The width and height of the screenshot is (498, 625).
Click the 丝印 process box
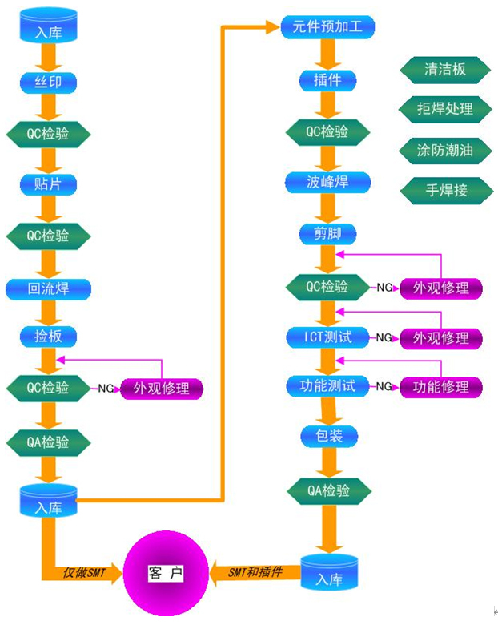pyautogui.click(x=48, y=82)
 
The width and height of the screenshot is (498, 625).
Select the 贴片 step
pyautogui.click(x=48, y=184)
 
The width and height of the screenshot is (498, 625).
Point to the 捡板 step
pyautogui.click(x=48, y=337)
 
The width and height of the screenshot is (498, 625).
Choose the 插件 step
pyautogui.click(x=327, y=80)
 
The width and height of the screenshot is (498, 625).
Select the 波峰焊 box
pyautogui.click(x=327, y=182)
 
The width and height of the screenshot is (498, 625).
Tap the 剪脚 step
pyautogui.click(x=327, y=234)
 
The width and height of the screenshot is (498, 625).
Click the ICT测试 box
pyautogui.click(x=327, y=337)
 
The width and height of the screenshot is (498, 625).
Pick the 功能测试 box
pyautogui.click(x=327, y=386)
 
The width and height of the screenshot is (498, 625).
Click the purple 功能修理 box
pyautogui.click(x=440, y=387)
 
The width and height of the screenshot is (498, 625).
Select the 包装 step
pyautogui.click(x=327, y=437)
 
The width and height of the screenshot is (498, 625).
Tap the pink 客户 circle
pyautogui.click(x=165, y=573)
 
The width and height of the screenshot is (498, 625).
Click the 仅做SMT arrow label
pyautogui.click(x=84, y=573)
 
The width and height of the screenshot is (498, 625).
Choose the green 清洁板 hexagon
pyautogui.click(x=445, y=70)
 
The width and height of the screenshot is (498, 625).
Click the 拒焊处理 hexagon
pyautogui.click(x=445, y=109)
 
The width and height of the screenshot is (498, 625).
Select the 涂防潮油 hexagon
pyautogui.click(x=445, y=150)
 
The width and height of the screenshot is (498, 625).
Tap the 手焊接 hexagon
pyautogui.click(x=445, y=190)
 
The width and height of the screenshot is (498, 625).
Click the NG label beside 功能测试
pyautogui.click(x=384, y=387)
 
